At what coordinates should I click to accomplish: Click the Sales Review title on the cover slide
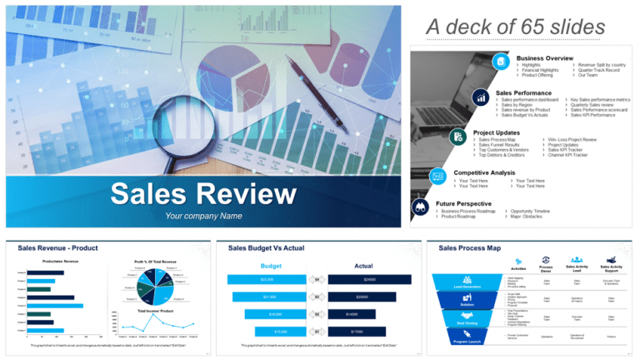(x=202, y=194)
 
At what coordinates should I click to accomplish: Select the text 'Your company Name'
(x=203, y=217)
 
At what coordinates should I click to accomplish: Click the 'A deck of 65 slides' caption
(x=516, y=27)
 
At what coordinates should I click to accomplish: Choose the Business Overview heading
(x=544, y=57)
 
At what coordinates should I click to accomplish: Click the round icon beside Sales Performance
(x=481, y=97)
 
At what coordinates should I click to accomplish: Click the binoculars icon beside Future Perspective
(x=421, y=206)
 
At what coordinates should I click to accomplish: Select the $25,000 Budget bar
(x=267, y=279)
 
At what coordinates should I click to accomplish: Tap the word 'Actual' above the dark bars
(x=363, y=265)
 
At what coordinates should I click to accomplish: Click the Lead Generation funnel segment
(x=466, y=284)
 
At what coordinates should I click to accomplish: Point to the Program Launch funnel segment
(x=466, y=339)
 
